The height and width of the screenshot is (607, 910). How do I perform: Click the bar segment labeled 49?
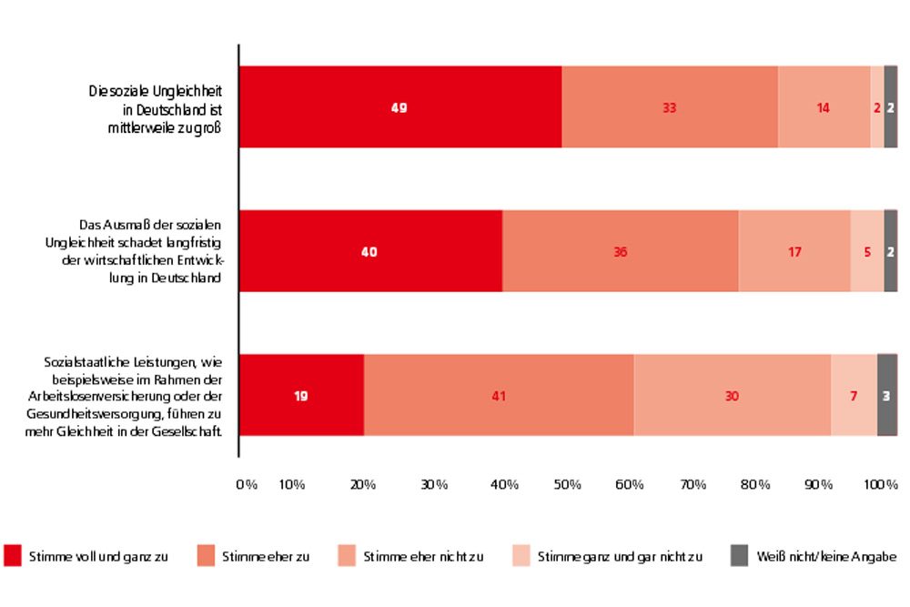point(400,107)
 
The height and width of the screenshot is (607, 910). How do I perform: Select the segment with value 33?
point(670,107)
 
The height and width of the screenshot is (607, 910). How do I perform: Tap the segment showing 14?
point(824,107)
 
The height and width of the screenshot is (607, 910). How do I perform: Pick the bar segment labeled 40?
point(370,251)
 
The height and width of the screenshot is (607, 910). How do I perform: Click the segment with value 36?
point(621,251)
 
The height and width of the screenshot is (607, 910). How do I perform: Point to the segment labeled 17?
point(794,251)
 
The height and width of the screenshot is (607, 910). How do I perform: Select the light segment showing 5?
point(867,251)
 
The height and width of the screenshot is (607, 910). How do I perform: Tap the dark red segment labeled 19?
point(301,395)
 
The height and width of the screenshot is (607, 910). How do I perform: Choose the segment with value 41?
point(499,395)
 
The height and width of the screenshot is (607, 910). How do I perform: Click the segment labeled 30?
point(732,395)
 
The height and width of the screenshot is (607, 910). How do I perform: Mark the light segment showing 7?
point(854,395)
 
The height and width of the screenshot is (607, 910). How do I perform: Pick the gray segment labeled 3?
point(887,395)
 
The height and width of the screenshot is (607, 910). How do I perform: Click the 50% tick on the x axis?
point(568,484)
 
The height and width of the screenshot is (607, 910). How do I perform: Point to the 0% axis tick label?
point(247,484)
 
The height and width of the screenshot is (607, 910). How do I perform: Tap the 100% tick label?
point(880,484)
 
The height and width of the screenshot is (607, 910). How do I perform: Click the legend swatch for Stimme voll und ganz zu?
point(13,554)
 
